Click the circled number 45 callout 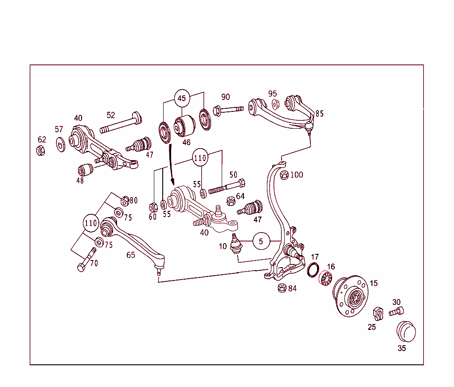pyautogui.click(x=182, y=99)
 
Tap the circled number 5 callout pyautogui.click(x=261, y=241)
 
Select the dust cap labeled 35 pyautogui.click(x=406, y=332)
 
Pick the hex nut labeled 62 pyautogui.click(x=40, y=150)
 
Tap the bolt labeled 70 pyautogui.click(x=86, y=260)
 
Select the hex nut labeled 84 pyautogui.click(x=281, y=288)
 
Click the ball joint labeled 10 pyautogui.click(x=235, y=244)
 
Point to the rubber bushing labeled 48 pyautogui.click(x=85, y=170)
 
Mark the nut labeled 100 pyautogui.click(x=284, y=174)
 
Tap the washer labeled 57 pyautogui.click(x=60, y=144)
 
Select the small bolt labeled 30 pyautogui.click(x=396, y=312)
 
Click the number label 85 pyautogui.click(x=319, y=114)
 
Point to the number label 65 pyautogui.click(x=131, y=255)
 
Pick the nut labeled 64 pyautogui.click(x=231, y=201)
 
